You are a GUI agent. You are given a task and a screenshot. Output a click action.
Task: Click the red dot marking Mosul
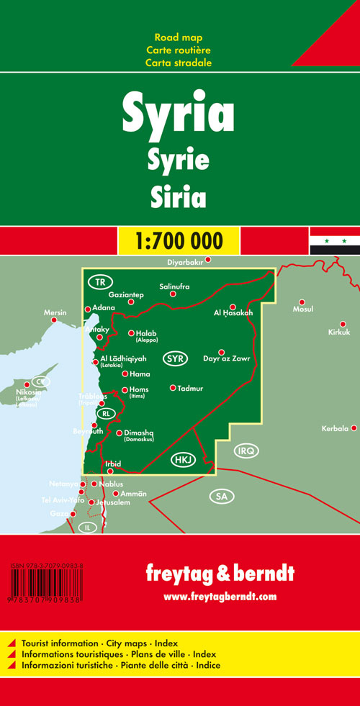pos(302,302)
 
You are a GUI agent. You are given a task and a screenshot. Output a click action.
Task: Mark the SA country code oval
pos(220,496)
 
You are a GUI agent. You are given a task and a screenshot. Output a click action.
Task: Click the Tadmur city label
pos(190,389)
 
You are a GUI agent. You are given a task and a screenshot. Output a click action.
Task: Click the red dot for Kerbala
pos(354,429)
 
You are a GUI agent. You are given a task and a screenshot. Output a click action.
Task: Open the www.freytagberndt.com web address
pos(220,597)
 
